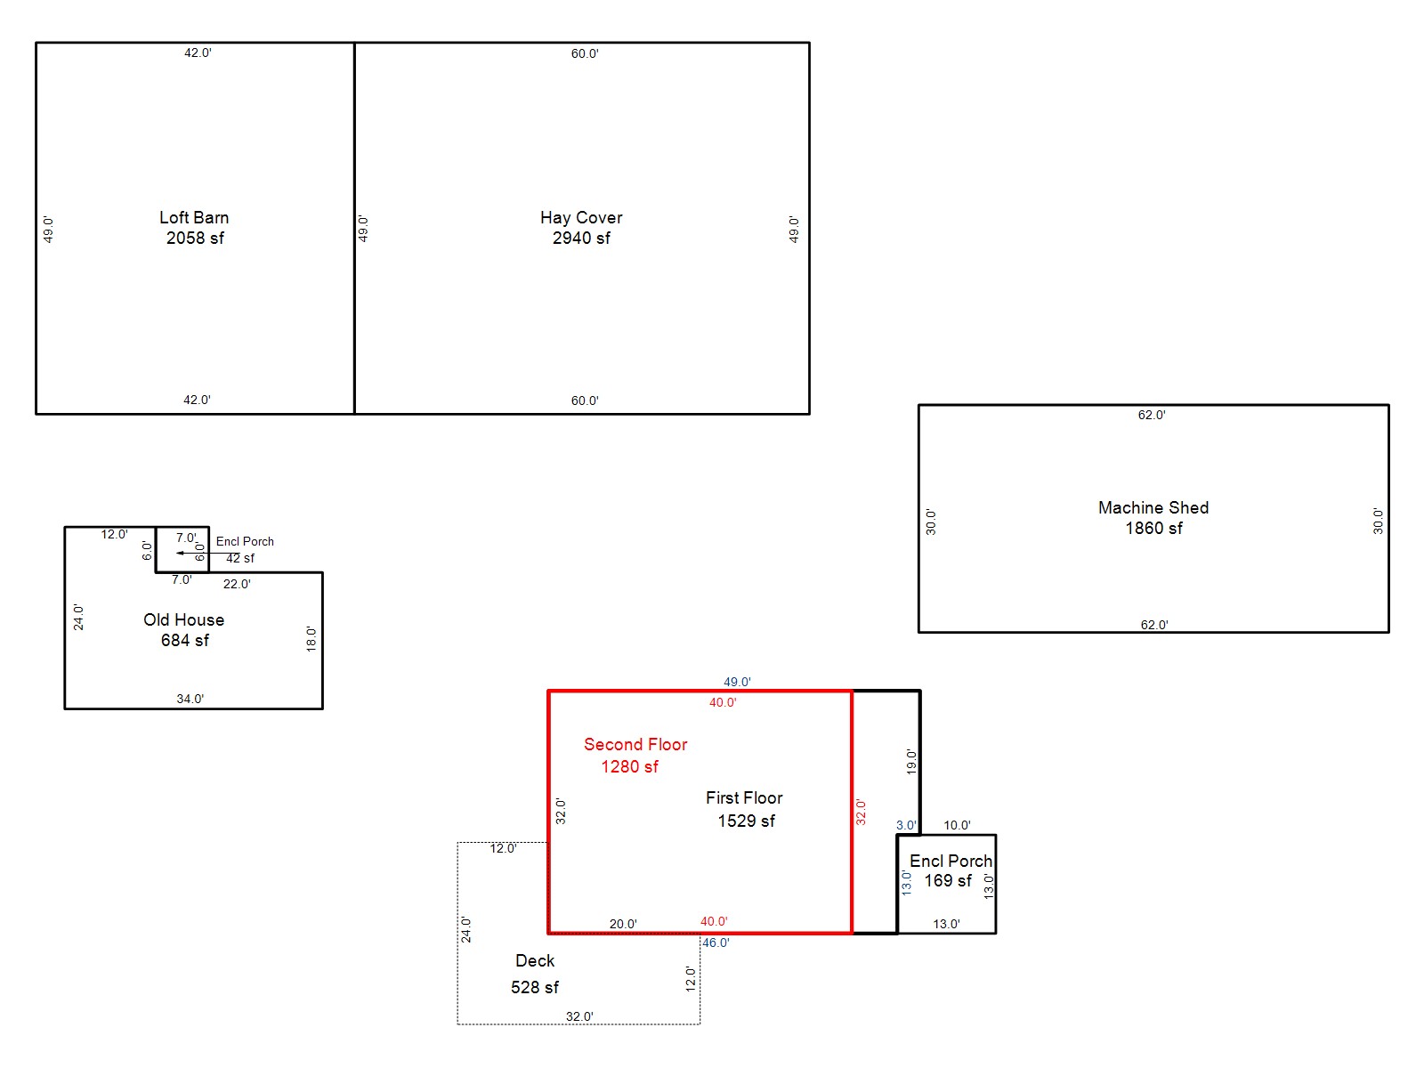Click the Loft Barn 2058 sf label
194,228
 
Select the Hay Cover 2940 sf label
580,228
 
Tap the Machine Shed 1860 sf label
1153,517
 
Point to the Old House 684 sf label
183,629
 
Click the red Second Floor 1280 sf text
635,756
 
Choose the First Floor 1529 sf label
744,809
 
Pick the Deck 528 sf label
535,974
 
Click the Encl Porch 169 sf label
951,871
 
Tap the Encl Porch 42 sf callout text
244,549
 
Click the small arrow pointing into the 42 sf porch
207,553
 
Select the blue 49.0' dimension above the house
737,682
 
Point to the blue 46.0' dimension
716,943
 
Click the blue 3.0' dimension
906,826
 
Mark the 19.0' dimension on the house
910,762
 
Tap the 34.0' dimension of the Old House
190,699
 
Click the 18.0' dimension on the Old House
311,639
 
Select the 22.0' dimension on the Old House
237,584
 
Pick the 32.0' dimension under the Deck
579,1016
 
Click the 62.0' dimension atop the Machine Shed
1152,415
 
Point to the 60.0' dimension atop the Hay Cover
585,53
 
